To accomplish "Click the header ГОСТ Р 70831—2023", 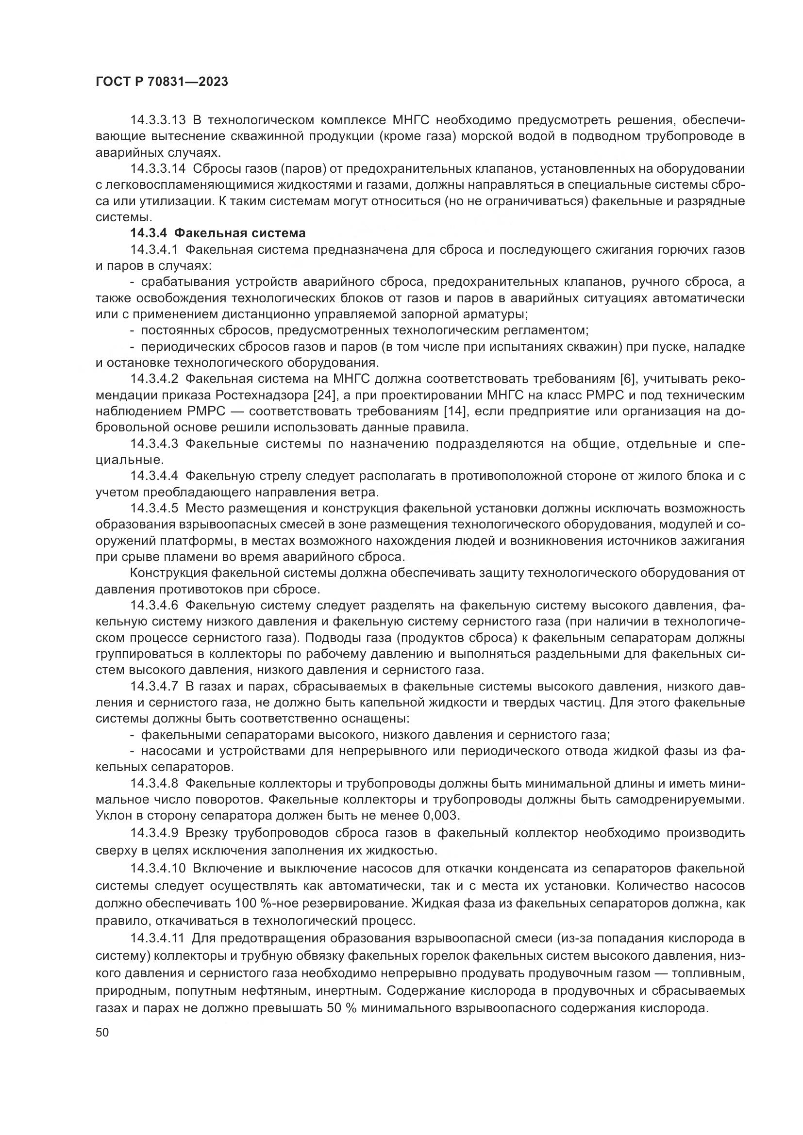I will click(x=162, y=82).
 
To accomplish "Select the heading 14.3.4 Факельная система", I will click(x=218, y=233).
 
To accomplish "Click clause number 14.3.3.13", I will click(x=158, y=120).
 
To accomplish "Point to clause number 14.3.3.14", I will click(x=158, y=168).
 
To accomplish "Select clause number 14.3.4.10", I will click(x=158, y=869).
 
